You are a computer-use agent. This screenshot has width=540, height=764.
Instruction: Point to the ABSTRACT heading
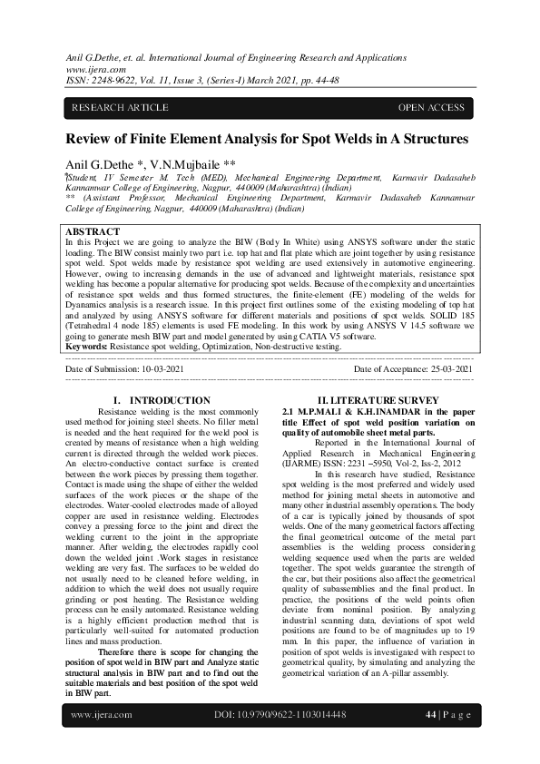click(93, 233)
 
